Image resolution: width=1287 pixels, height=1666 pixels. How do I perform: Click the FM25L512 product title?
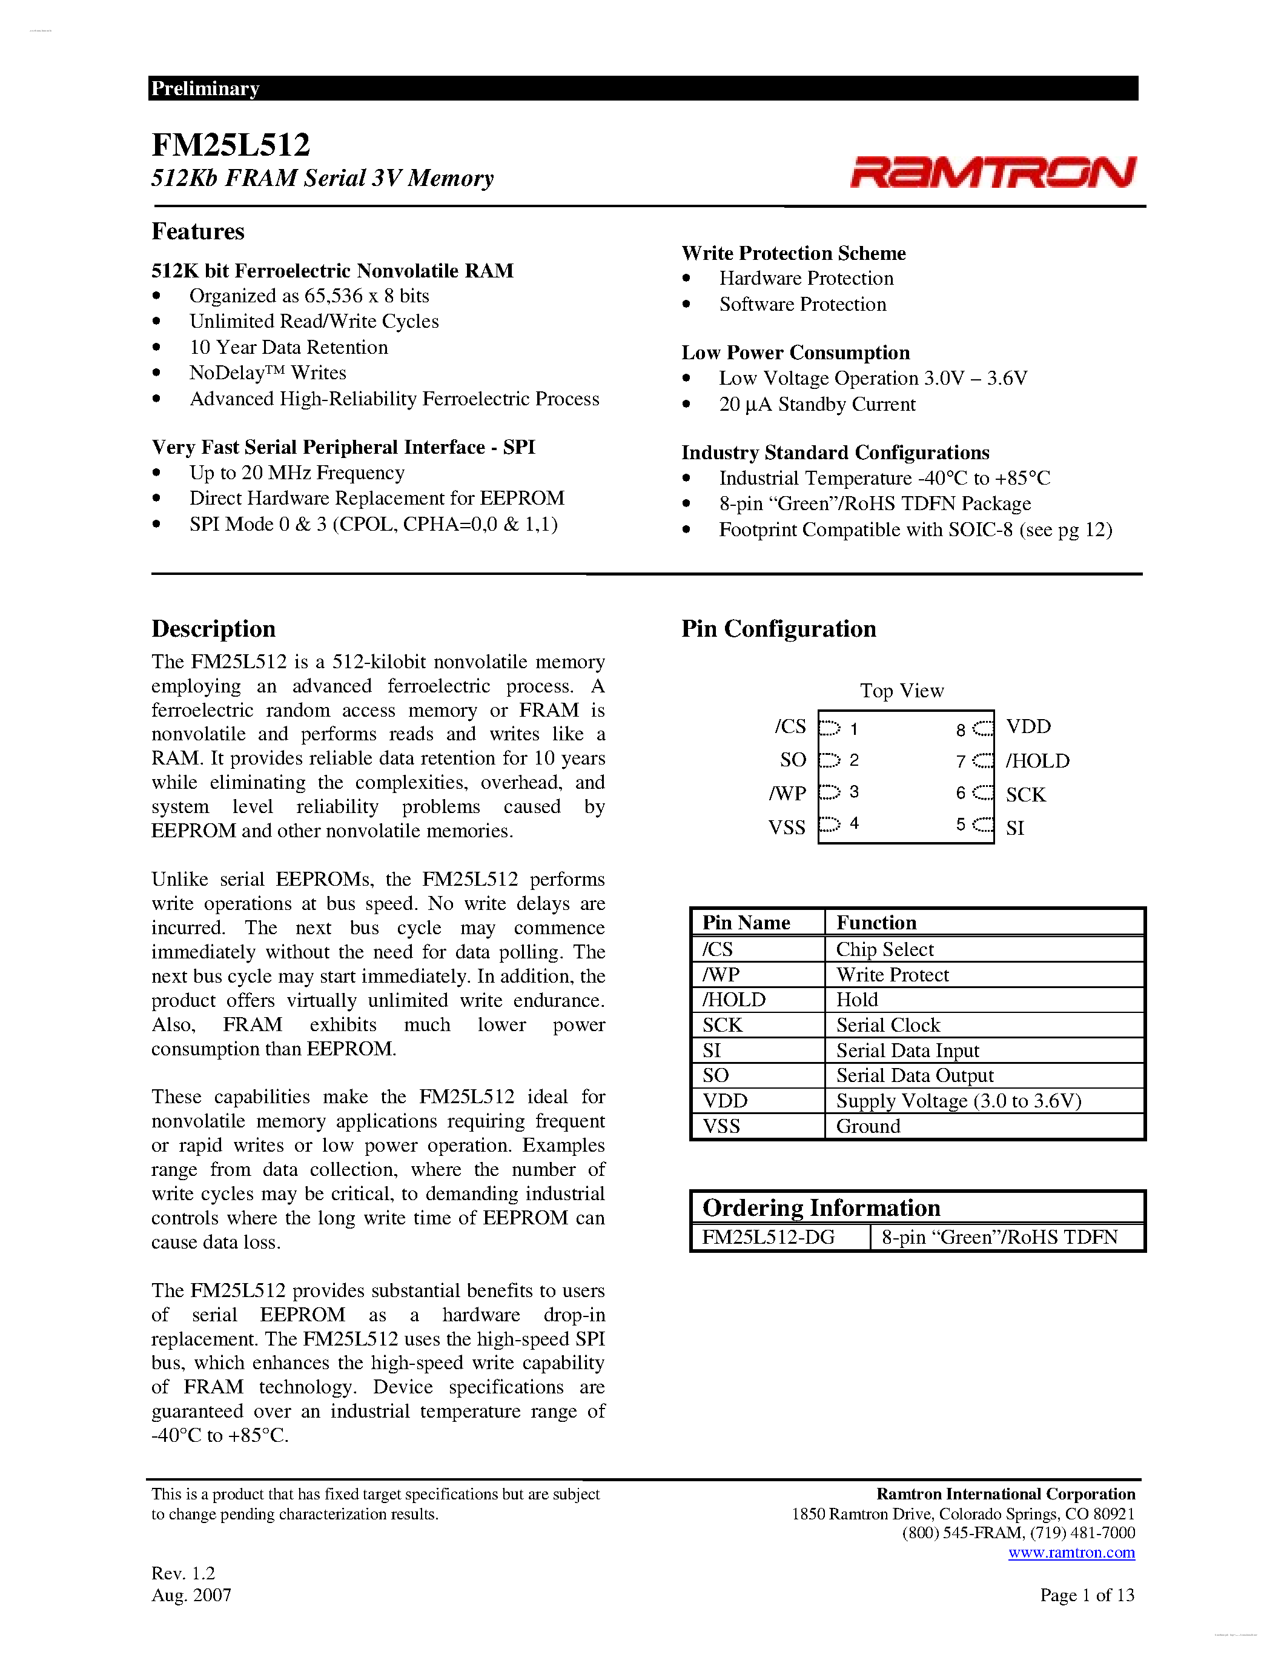pyautogui.click(x=230, y=145)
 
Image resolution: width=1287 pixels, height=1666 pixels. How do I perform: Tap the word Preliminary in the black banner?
pyautogui.click(x=205, y=88)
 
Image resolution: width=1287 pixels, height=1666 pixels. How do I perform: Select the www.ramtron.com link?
pyautogui.click(x=1071, y=1552)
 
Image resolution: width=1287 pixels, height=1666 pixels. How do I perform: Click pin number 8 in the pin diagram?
pyautogui.click(x=961, y=730)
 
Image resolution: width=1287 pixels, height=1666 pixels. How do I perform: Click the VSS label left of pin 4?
pyautogui.click(x=787, y=827)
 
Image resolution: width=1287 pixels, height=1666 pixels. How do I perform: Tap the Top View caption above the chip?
pyautogui.click(x=902, y=691)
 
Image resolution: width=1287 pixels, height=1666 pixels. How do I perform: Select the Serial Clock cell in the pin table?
pyautogui.click(x=888, y=1024)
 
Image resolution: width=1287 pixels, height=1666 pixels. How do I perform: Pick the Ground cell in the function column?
pyautogui.click(x=868, y=1126)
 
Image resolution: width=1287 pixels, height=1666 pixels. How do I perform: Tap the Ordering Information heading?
pyautogui.click(x=821, y=1207)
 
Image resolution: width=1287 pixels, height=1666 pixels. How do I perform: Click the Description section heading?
pyautogui.click(x=213, y=629)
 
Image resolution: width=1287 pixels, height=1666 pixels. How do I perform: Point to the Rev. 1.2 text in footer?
pyautogui.click(x=183, y=1573)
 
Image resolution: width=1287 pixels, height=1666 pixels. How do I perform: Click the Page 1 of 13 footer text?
pyautogui.click(x=1087, y=1595)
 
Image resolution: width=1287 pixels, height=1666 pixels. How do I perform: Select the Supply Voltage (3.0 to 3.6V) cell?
pyautogui.click(x=958, y=1101)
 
